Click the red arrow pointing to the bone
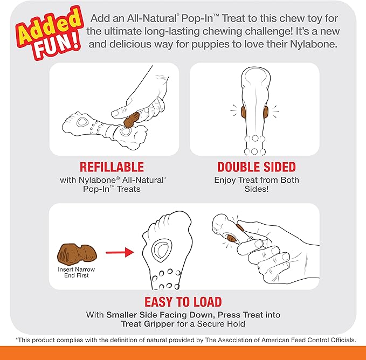[x=120, y=252]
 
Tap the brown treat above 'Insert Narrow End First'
[x=77, y=254]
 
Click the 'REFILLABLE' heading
[x=112, y=167]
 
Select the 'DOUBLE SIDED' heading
[x=257, y=167]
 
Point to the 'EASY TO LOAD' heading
[x=183, y=302]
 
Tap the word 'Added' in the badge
[x=50, y=26]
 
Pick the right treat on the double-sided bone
[x=266, y=112]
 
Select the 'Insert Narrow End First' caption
[x=77, y=272]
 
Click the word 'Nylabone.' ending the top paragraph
[x=314, y=44]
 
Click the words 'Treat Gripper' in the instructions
[x=148, y=324]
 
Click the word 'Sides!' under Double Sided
[x=257, y=189]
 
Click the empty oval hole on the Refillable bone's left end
[x=82, y=122]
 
